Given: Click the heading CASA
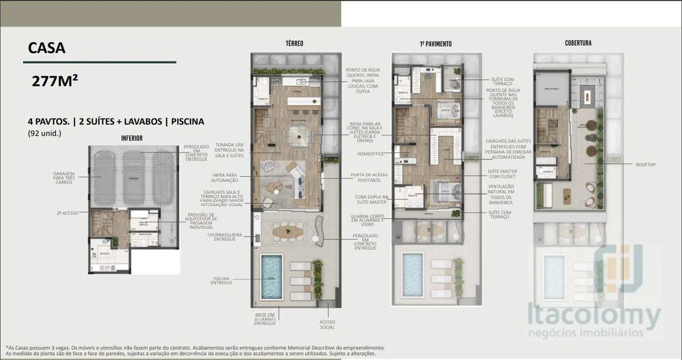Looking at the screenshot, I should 46,48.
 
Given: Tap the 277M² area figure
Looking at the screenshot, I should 55,82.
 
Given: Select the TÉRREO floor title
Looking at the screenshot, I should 294,43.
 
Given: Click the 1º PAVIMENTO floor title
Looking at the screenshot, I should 435,44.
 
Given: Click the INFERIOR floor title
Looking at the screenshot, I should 132,138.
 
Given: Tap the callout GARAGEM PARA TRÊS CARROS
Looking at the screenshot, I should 64,177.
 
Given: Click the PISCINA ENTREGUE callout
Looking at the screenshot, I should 221,280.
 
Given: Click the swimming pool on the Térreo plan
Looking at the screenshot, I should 271,275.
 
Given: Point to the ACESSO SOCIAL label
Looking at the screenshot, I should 327,324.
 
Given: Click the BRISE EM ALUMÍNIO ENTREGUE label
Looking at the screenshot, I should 265,319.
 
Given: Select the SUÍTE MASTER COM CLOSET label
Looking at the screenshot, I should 502,174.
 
